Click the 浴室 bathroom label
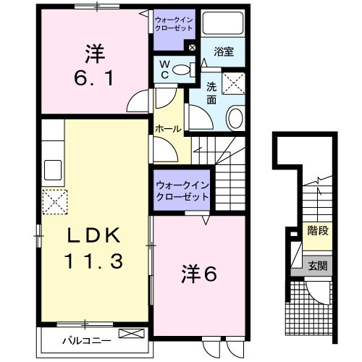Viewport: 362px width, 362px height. [x=224, y=51]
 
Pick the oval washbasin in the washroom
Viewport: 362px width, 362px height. [x=235, y=118]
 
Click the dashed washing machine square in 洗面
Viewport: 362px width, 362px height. [x=235, y=84]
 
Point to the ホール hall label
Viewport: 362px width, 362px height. [x=167, y=128]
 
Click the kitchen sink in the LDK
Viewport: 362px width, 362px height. [x=53, y=170]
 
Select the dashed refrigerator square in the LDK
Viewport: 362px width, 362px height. [x=54, y=202]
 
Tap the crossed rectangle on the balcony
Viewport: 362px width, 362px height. [x=131, y=334]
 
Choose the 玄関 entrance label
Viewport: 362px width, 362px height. [x=316, y=266]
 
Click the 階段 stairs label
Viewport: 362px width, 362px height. [x=316, y=232]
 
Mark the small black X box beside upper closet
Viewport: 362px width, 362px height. [x=191, y=49]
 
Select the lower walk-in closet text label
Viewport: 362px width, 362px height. [x=181, y=191]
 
